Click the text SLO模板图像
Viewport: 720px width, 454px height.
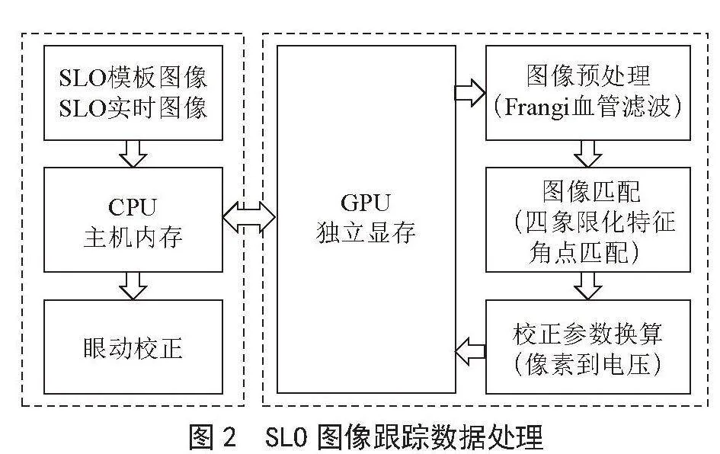pyautogui.click(x=133, y=77)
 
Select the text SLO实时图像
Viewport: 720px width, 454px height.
pyautogui.click(x=133, y=108)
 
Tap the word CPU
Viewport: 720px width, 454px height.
pyautogui.click(x=133, y=206)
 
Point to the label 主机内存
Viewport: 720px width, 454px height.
pyautogui.click(x=133, y=237)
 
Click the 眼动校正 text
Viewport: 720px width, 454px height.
pyautogui.click(x=133, y=348)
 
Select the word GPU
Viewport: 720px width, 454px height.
pyautogui.click(x=366, y=203)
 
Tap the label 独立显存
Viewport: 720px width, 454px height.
pyautogui.click(x=366, y=233)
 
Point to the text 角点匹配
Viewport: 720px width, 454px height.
pyautogui.click(x=578, y=251)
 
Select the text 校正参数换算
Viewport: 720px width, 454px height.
pyautogui.click(x=587, y=334)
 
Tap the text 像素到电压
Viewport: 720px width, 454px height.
pyautogui.click(x=588, y=364)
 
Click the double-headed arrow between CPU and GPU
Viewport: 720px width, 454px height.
pyautogui.click(x=249, y=217)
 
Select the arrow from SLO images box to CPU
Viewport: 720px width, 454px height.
pyautogui.click(x=133, y=154)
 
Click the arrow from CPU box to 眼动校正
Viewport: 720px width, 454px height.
pyautogui.click(x=133, y=286)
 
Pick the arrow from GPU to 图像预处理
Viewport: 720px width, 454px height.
pyautogui.click(x=470, y=93)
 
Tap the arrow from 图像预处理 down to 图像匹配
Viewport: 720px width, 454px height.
pyautogui.click(x=587, y=154)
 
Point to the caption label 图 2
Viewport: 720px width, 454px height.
pyautogui.click(x=213, y=436)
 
